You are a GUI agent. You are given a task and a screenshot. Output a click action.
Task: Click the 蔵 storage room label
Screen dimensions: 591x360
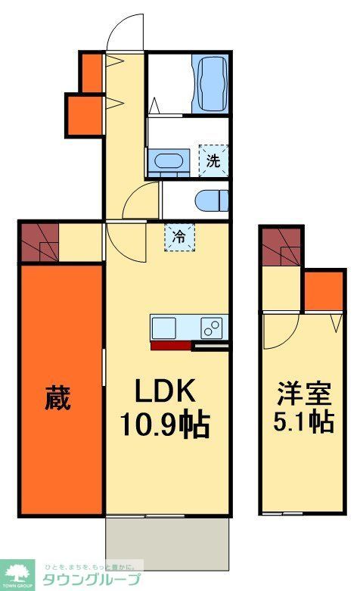click(x=57, y=397)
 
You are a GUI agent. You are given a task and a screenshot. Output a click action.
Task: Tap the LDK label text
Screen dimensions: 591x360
click(x=166, y=392)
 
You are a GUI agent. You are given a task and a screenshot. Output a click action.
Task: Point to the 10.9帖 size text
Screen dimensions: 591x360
click(x=166, y=425)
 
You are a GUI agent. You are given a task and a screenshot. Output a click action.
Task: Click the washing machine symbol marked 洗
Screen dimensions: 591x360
click(x=213, y=160)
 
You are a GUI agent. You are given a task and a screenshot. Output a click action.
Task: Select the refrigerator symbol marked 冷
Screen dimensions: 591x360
click(x=180, y=236)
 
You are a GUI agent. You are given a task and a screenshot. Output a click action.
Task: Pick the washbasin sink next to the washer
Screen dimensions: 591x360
click(x=168, y=161)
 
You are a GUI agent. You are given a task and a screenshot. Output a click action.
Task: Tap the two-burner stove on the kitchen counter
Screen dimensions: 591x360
click(x=212, y=328)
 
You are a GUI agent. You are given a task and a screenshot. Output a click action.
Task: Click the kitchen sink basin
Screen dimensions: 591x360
click(x=164, y=328)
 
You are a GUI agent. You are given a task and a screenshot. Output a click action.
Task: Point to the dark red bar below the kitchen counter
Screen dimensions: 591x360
click(x=170, y=346)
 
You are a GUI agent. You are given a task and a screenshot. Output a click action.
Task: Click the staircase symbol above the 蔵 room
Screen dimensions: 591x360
click(x=39, y=241)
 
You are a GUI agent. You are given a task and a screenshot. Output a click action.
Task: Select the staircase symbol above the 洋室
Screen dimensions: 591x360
click(x=281, y=247)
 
